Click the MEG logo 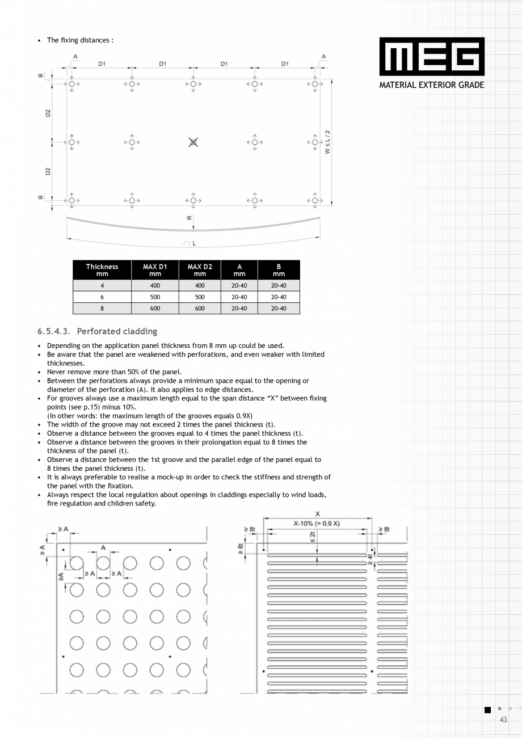432,57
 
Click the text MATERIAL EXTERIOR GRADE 432,85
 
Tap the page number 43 503,720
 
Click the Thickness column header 102,270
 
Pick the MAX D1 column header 155,270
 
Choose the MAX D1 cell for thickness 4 155,286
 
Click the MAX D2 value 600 200,309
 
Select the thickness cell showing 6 102,297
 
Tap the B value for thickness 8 279,309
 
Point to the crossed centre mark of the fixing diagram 193,142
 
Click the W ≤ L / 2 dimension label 327,142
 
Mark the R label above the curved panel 189,218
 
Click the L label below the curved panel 193,243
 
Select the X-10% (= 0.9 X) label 317,523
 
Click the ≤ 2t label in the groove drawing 312,537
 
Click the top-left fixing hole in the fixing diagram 72,84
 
